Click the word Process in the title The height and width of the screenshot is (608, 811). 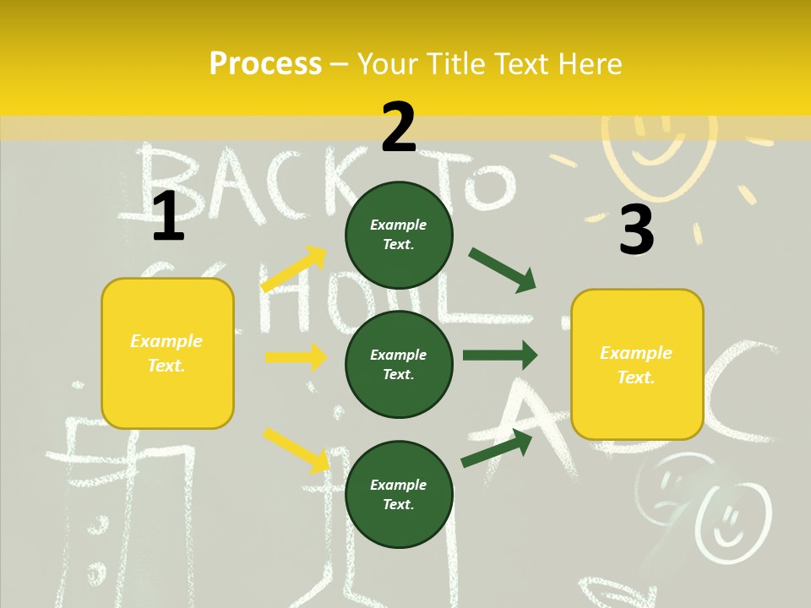(265, 64)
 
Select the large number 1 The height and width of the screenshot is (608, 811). (168, 216)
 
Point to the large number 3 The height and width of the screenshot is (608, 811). (636, 230)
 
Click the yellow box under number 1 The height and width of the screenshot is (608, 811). (167, 353)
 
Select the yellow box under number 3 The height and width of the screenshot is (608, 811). (637, 365)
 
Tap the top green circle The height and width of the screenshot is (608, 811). (399, 235)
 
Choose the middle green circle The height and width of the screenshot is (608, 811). (399, 364)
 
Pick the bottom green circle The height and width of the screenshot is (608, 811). (399, 494)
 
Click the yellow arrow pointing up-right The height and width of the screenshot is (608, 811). (294, 269)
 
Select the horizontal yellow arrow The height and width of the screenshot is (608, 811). (296, 357)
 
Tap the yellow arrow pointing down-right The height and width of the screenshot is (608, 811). (297, 450)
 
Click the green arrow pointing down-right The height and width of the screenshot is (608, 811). (503, 270)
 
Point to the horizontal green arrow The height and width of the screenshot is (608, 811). (500, 355)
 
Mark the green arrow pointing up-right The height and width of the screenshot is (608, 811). (498, 448)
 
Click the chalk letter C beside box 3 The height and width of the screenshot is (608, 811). (743, 384)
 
